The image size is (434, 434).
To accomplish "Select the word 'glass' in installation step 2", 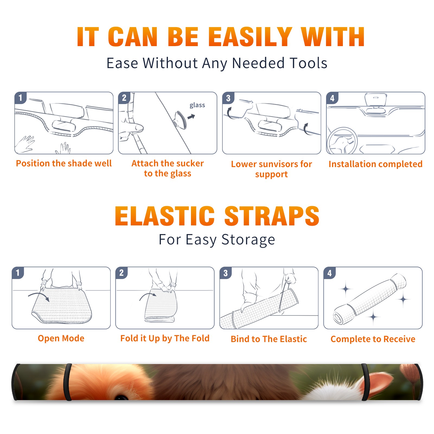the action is [x=197, y=105].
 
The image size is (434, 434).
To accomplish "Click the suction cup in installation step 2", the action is [x=180, y=120].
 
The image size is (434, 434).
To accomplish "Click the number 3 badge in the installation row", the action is [x=228, y=98].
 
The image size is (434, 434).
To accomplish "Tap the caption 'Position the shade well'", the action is [x=64, y=163].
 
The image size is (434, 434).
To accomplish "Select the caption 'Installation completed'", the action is [x=375, y=164].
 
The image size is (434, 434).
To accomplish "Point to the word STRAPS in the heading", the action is [x=272, y=216].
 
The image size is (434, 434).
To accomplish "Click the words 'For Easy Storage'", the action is [x=217, y=240].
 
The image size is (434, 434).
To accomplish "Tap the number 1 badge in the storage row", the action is [x=18, y=273].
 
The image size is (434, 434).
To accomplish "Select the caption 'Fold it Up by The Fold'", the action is [x=165, y=338].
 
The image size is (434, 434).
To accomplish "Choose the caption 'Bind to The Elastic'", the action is [x=269, y=339].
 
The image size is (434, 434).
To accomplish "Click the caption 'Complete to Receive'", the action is [x=373, y=339].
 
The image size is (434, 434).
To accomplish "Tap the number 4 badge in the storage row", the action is [x=330, y=273].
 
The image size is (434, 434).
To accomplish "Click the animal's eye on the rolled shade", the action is [x=121, y=397].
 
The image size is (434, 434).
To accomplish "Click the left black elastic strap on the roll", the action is [x=68, y=382].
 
